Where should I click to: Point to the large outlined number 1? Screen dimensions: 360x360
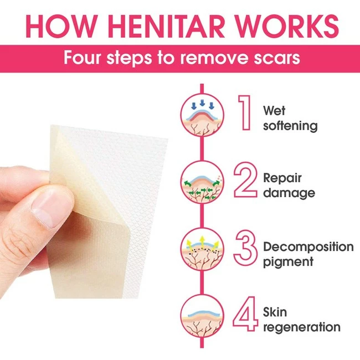click(x=245, y=113)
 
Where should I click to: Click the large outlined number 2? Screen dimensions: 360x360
click(x=245, y=180)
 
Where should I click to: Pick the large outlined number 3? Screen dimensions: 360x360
click(x=245, y=247)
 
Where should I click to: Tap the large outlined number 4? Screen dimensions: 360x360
click(x=245, y=314)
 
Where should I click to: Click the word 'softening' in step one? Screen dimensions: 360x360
click(x=290, y=126)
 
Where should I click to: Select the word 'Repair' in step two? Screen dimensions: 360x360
click(x=282, y=178)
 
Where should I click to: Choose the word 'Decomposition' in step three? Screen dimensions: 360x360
click(x=308, y=247)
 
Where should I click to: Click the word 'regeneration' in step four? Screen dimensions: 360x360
click(x=302, y=327)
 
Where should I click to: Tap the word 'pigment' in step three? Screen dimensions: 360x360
click(x=288, y=262)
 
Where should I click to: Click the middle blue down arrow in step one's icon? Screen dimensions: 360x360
click(x=202, y=103)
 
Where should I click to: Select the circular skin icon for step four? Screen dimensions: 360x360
click(x=202, y=316)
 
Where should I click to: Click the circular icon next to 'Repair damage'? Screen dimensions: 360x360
click(x=202, y=182)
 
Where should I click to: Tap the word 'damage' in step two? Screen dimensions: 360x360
click(x=289, y=193)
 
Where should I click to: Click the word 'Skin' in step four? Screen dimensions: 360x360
click(x=275, y=312)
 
